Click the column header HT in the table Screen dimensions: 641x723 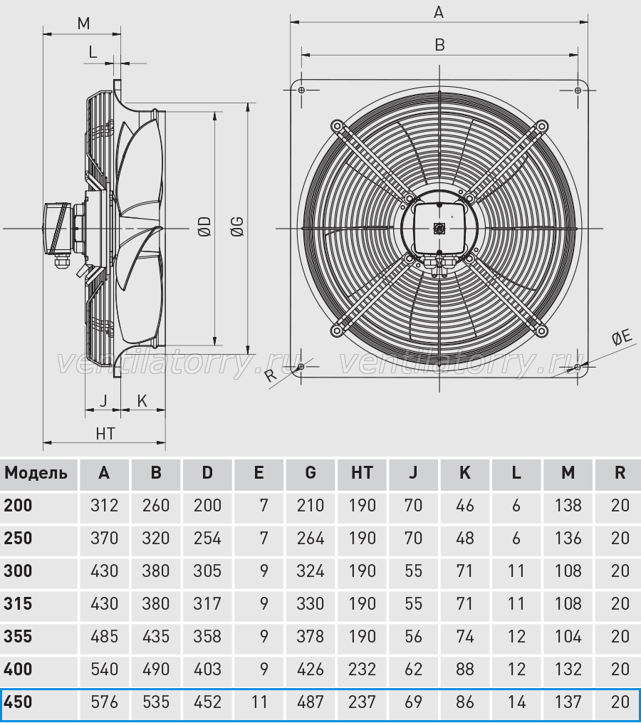pos(362,473)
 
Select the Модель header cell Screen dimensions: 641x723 pos(36,473)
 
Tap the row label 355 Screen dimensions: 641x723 pos(18,636)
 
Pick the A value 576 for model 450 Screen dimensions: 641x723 pos(104,702)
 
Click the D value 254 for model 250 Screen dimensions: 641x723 pos(207,538)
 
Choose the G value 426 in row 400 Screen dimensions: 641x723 pos(311,669)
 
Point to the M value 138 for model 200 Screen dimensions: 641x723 pos(568,505)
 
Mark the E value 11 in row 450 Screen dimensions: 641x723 pos(259,702)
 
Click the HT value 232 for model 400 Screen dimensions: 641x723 pos(362,669)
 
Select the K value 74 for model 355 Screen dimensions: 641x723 pos(465,636)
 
